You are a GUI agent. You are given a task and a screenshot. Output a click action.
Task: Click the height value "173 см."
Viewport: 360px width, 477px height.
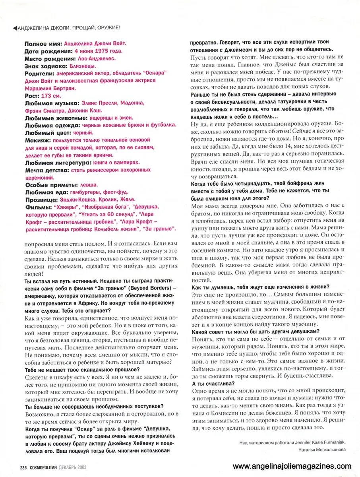coord(53,96)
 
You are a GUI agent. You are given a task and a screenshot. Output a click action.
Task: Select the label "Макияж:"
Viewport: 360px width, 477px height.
coord(38,140)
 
